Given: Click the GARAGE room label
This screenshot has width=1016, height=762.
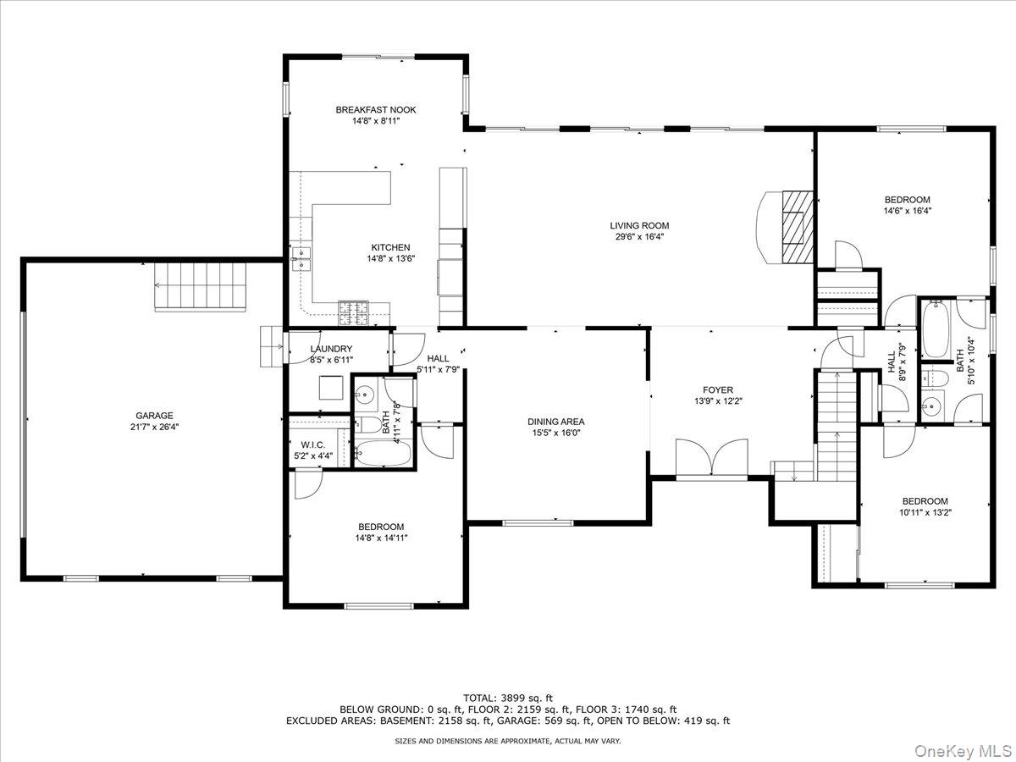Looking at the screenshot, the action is click(x=154, y=416).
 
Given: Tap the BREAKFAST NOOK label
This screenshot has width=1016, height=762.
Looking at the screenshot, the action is click(x=376, y=110).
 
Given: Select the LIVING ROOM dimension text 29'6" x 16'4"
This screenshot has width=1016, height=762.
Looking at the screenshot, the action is click(x=639, y=237).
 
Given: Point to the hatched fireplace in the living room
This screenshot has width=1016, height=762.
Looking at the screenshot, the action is click(x=798, y=227).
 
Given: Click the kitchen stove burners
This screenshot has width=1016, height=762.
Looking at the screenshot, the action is click(x=354, y=313).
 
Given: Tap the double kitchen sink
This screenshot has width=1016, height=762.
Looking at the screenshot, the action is click(x=301, y=257).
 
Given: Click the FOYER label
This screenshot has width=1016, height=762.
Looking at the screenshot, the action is click(x=718, y=390).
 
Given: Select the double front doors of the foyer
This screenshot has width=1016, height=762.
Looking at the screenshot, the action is click(x=711, y=456).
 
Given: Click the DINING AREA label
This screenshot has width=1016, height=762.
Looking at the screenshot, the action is click(x=556, y=422).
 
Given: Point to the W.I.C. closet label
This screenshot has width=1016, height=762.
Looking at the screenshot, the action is click(x=313, y=444).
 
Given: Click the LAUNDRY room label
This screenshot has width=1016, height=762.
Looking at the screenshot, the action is click(x=331, y=348).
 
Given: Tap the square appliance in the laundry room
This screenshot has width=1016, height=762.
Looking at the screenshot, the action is click(x=331, y=388).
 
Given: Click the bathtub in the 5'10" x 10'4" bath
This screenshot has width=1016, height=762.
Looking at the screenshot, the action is click(x=936, y=329).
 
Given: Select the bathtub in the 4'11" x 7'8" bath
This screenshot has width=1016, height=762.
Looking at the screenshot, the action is click(x=383, y=453).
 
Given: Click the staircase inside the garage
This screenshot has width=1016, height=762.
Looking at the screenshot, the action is click(x=200, y=287).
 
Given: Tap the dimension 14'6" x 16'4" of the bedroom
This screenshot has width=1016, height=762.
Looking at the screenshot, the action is click(x=908, y=211).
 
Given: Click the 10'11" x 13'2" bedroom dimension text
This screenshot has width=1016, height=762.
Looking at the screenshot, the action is click(x=925, y=512).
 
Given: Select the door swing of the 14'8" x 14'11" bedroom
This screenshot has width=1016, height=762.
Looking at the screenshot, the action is click(x=308, y=483).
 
